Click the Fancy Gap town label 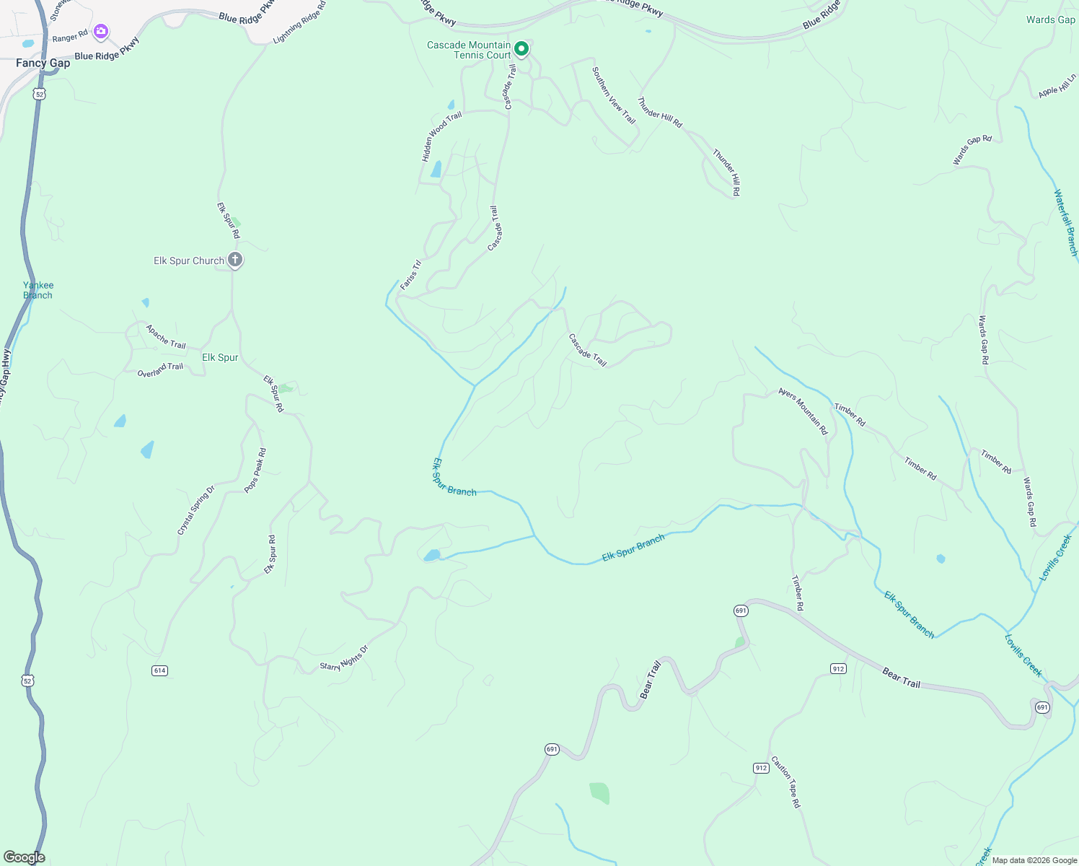(43, 64)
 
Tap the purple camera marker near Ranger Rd (101, 31)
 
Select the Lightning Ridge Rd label (300, 22)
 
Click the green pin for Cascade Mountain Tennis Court (521, 49)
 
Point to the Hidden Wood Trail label (441, 136)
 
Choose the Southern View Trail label (614, 95)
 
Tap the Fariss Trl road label (410, 275)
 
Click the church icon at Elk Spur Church (234, 260)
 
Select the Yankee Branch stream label (38, 290)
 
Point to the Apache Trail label (166, 336)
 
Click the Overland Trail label (160, 370)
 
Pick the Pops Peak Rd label (255, 471)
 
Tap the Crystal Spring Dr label (196, 510)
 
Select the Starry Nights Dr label (344, 658)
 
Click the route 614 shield (159, 670)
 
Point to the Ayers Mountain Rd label (803, 411)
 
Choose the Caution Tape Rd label (785, 782)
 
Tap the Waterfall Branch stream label (1065, 222)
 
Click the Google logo (24, 857)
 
